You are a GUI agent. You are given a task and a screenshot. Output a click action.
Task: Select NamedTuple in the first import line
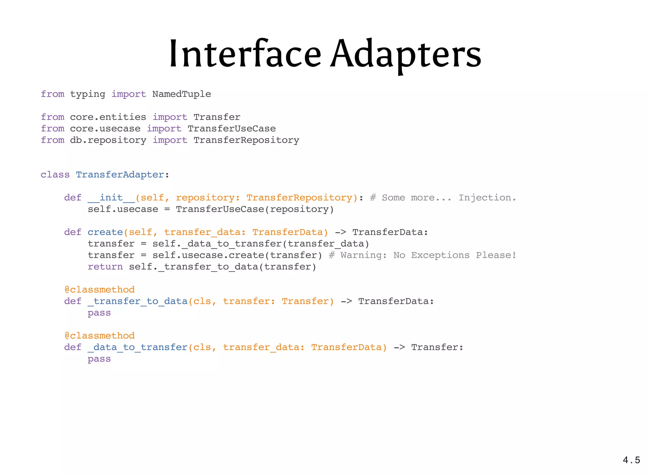click(182, 94)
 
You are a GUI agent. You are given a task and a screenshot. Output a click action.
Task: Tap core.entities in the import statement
click(108, 117)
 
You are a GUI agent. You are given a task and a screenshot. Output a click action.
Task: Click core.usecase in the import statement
click(105, 128)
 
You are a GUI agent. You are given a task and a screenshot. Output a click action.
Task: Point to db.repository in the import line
click(108, 140)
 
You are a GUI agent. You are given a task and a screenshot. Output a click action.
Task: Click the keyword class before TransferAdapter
click(55, 175)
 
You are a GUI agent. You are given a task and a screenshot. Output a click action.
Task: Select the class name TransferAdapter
click(120, 175)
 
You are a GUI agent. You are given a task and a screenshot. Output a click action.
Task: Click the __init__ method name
click(111, 198)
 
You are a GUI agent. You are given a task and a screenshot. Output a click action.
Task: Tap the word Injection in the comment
click(487, 198)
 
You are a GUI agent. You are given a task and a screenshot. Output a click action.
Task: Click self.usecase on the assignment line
click(123, 209)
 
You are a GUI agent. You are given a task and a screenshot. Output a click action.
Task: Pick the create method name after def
click(105, 232)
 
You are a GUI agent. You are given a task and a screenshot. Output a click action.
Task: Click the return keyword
click(105, 267)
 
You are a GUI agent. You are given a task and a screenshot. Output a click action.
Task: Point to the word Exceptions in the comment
click(440, 255)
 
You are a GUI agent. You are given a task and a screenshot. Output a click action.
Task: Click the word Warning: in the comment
click(363, 255)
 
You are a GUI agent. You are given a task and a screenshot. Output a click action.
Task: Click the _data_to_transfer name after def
click(138, 347)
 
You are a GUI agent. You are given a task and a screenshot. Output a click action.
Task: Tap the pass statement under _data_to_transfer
click(99, 359)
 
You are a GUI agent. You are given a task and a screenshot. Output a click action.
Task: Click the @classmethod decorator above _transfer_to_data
click(100, 290)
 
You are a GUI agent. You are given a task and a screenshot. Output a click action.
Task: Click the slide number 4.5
click(631, 460)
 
